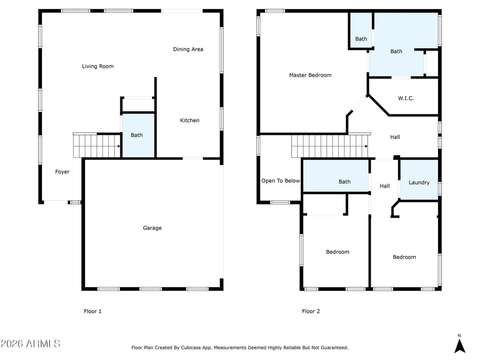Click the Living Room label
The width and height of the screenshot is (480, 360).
[x=98, y=66]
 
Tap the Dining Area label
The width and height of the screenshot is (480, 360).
[x=188, y=49]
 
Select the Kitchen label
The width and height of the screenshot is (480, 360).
[x=190, y=120]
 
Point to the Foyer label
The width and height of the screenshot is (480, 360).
[x=62, y=172]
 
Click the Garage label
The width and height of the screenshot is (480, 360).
[x=152, y=228]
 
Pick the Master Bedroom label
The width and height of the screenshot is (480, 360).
[x=310, y=75]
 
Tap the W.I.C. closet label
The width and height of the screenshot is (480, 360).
[x=406, y=98]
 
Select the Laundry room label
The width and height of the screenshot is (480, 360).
[x=419, y=182]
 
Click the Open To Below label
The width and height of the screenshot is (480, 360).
[x=280, y=181]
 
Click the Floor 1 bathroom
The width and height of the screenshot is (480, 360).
[x=137, y=135]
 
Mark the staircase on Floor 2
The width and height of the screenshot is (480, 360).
[x=330, y=146]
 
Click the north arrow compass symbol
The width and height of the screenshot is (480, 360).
[x=460, y=346]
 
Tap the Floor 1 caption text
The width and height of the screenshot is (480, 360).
[x=92, y=311]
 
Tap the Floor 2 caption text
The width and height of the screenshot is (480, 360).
[x=311, y=311]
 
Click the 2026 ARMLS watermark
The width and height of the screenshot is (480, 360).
[x=30, y=344]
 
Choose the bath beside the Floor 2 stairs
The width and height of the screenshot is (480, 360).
[x=344, y=182]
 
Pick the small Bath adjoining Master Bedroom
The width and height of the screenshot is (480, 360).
[x=361, y=39]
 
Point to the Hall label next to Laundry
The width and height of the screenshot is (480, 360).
[x=384, y=186]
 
